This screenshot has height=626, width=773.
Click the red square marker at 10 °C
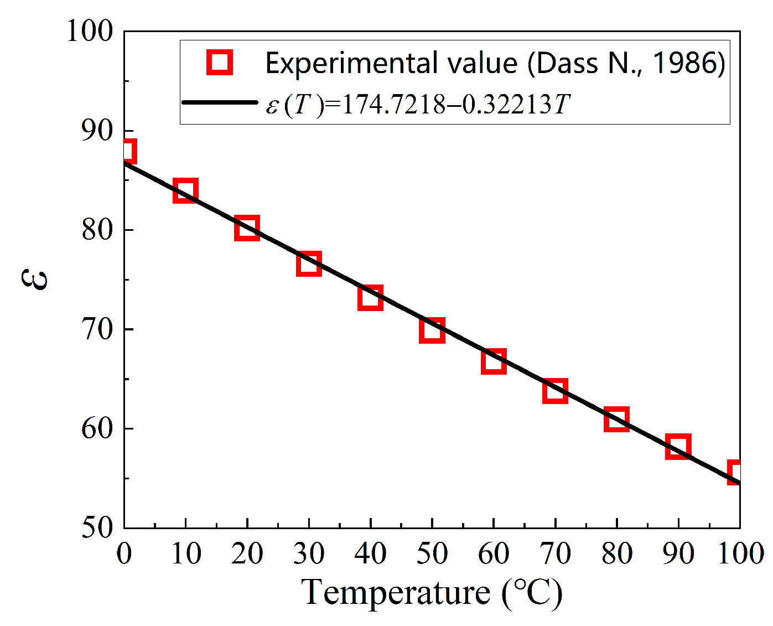185,190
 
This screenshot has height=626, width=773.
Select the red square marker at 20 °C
247,228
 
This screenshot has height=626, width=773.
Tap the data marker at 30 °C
309,263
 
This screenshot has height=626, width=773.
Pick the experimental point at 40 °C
370,298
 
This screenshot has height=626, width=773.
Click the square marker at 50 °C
432,330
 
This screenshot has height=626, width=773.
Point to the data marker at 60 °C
494,361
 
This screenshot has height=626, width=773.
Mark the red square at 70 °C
555,391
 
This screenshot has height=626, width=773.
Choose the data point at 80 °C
616,419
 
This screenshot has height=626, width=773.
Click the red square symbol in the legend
220,62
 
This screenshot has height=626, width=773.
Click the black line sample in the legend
220,102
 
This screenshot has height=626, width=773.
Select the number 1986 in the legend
683,63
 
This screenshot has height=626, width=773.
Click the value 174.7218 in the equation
393,104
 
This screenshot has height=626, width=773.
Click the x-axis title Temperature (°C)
432,593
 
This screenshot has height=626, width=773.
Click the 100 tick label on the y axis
90,32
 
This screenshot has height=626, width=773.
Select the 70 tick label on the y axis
97,330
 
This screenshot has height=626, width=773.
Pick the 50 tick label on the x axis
432,553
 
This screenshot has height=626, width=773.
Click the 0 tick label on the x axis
124,553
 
